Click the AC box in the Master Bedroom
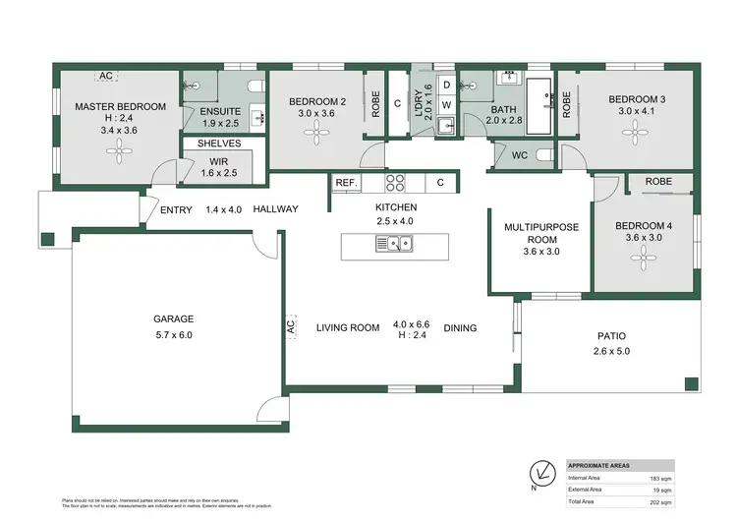coord(104,76)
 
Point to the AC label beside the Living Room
coord(291,327)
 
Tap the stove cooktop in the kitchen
coord(396,182)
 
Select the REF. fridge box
coord(346,183)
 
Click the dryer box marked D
coord(445,85)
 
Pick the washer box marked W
coord(445,103)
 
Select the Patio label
coord(609,336)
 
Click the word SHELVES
coord(220,144)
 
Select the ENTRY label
coord(177,209)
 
